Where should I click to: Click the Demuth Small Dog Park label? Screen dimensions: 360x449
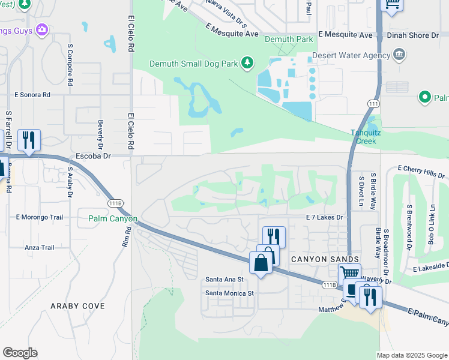click(194, 63)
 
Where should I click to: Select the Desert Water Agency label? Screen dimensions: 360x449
click(351, 56)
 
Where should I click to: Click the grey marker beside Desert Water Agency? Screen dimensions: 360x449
click(400, 56)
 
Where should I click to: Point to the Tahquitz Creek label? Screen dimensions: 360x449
click(363, 137)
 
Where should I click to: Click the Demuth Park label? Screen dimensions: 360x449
click(288, 40)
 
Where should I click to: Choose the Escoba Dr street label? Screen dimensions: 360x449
click(91, 156)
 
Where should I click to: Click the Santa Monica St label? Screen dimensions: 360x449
click(230, 293)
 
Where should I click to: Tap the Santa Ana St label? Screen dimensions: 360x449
click(224, 280)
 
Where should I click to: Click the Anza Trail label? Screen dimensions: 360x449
click(40, 247)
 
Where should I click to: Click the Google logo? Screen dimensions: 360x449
click(20, 352)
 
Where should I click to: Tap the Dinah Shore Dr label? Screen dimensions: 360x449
click(421, 35)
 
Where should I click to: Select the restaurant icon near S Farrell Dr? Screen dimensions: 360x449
click(29, 140)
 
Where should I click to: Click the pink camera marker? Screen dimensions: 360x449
click(42, 29)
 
